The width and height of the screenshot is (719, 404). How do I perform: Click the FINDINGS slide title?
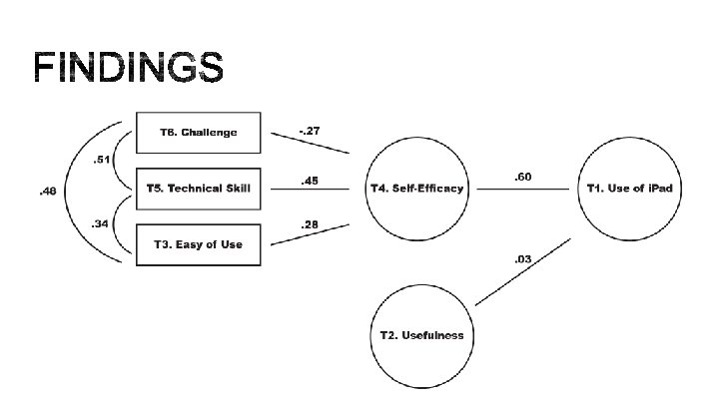[128, 67]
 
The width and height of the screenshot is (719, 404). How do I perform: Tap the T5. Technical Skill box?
[198, 188]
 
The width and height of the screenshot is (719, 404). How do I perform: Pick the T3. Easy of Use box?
[198, 244]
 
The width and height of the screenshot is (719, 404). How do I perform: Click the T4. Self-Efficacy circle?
[416, 189]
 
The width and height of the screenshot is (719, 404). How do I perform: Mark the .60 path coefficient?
[521, 177]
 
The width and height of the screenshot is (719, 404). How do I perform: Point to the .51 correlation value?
[101, 160]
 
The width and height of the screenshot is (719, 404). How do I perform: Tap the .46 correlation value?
[47, 191]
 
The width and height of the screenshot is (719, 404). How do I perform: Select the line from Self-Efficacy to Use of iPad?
[521, 189]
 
